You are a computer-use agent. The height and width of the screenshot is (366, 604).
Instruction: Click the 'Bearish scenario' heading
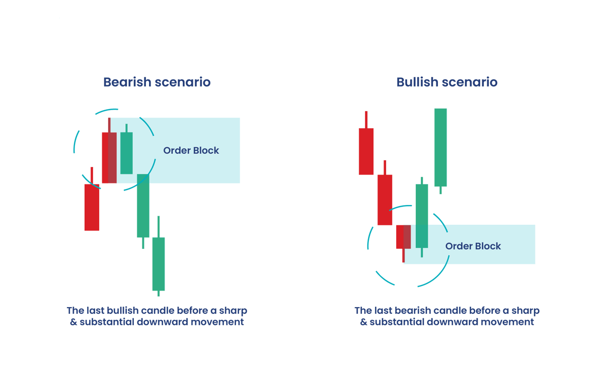click(x=157, y=82)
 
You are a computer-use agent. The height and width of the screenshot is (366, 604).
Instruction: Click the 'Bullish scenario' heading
click(x=447, y=82)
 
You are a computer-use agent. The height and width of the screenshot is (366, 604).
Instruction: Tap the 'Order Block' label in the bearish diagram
click(x=191, y=150)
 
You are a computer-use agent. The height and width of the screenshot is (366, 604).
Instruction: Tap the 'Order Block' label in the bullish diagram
click(x=473, y=246)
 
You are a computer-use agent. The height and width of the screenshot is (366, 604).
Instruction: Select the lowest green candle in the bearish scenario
click(x=159, y=263)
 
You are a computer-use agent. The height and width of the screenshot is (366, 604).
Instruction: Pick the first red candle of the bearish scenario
click(x=92, y=207)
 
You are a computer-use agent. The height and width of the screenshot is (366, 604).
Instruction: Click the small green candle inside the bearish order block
click(x=126, y=153)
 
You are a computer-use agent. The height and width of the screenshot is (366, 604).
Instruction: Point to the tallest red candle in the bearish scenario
click(x=109, y=157)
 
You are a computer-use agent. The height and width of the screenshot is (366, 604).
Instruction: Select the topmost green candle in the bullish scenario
click(x=440, y=147)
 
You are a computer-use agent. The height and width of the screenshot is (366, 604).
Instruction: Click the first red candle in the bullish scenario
click(x=366, y=151)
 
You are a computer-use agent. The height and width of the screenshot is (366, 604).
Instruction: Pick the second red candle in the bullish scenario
click(x=385, y=200)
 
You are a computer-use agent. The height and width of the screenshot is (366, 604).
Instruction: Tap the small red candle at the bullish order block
click(x=403, y=236)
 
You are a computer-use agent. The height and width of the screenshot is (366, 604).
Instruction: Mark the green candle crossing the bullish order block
click(x=422, y=216)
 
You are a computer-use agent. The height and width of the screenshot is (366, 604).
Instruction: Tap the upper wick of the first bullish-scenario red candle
click(x=366, y=120)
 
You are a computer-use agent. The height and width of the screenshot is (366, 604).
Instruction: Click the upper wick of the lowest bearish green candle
click(x=159, y=227)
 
